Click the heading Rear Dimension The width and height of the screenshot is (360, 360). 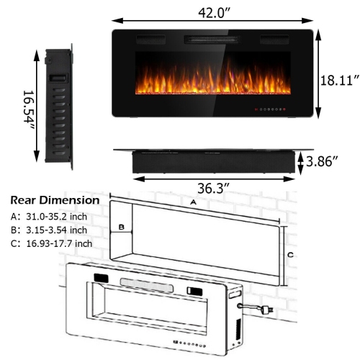click(x=55, y=199)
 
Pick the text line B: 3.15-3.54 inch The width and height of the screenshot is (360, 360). click(x=49, y=230)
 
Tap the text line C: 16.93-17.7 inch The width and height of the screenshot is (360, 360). click(x=51, y=243)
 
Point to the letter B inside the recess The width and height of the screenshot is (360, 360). click(x=122, y=228)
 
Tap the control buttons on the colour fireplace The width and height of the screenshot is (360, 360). click(x=270, y=110)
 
